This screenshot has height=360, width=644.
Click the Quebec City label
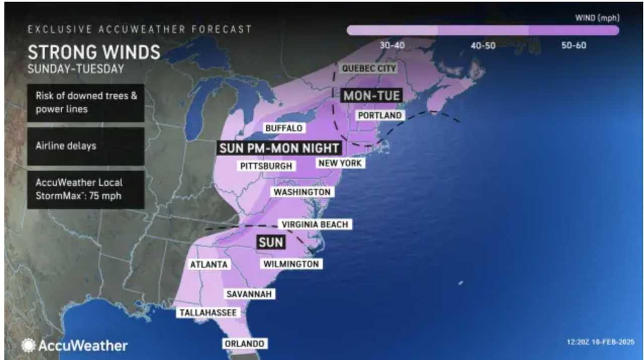pos(369,68)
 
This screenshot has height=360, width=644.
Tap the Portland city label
pos(380,115)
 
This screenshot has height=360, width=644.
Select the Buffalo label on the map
pos(284,128)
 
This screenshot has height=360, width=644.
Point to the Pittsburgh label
pos(266,166)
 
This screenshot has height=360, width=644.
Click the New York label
pos(340,163)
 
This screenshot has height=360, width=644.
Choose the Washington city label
pos(302,192)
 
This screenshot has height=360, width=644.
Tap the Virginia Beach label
pos(315,224)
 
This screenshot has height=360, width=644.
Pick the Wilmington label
pos(291,263)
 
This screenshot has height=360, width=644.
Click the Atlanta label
pos(209,264)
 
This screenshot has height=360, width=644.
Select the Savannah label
pos(250,294)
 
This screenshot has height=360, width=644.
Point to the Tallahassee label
pos(208,313)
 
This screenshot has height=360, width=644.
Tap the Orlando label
pos(245,343)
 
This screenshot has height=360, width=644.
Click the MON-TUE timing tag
pos(371,95)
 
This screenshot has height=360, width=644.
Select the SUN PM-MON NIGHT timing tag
pos(280,148)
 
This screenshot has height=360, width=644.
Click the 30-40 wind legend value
pos(392,45)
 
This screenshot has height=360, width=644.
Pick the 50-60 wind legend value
pos(574,45)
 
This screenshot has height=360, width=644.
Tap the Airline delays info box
pos(86,146)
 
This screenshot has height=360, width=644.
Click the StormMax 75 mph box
pos(86,189)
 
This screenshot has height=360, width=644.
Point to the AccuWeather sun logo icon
pos(28,345)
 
